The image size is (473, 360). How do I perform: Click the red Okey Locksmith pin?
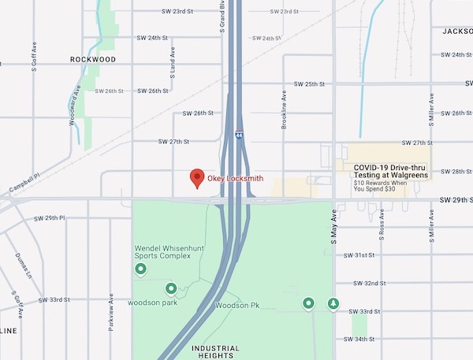click(197, 179)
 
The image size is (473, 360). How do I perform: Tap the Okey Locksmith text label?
click(235, 179)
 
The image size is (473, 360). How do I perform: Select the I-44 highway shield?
click(239, 135)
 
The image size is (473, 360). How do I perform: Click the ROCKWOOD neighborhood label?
click(93, 59)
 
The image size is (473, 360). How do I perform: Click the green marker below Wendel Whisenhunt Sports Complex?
click(141, 270)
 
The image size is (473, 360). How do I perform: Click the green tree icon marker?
click(333, 302)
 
